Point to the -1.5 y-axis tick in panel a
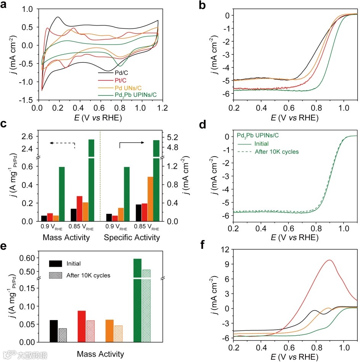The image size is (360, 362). [x=27, y=100]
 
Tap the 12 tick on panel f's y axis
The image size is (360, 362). [x=222, y=249]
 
